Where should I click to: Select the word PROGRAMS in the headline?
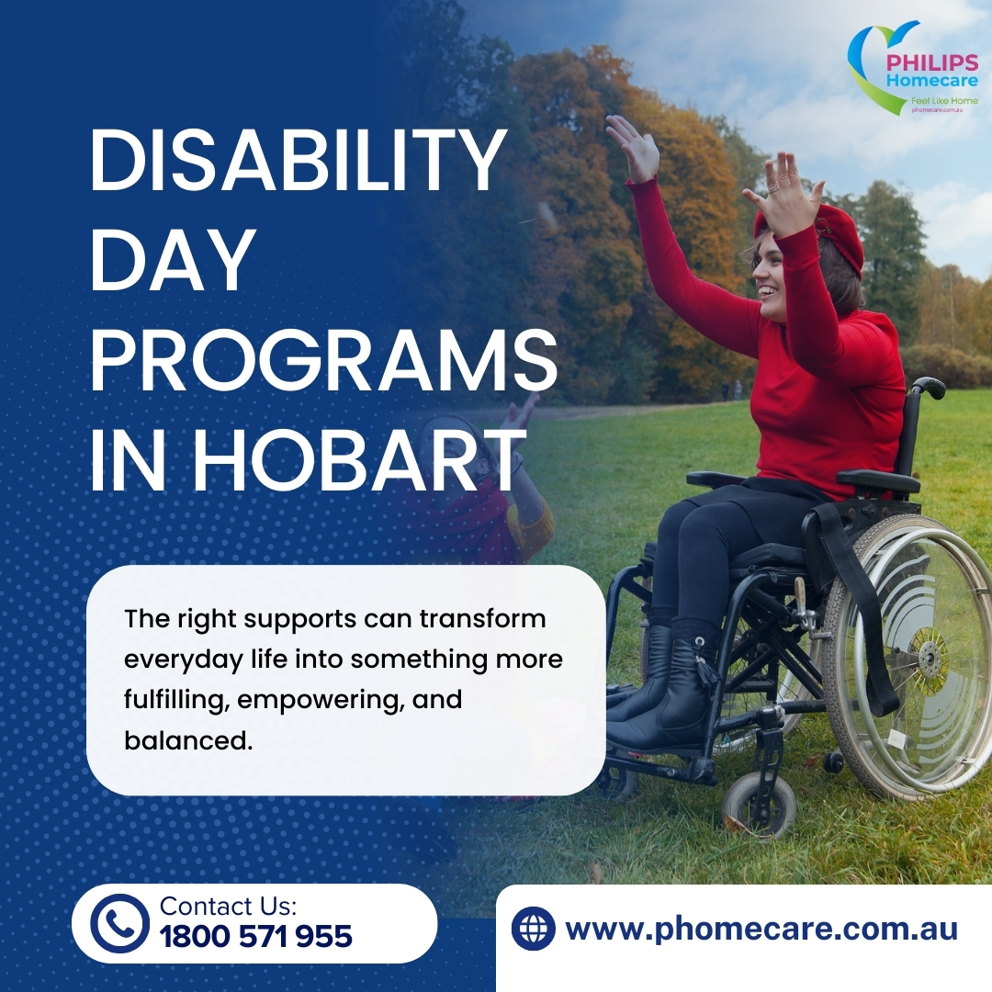323,361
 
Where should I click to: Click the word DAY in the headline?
172,261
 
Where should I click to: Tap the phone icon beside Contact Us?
118,923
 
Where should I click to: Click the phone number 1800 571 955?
255,937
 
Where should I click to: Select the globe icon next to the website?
534,929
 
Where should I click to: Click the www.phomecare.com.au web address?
761,929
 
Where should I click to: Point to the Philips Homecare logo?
914,70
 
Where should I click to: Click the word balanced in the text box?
187,739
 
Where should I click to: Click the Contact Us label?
228,906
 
